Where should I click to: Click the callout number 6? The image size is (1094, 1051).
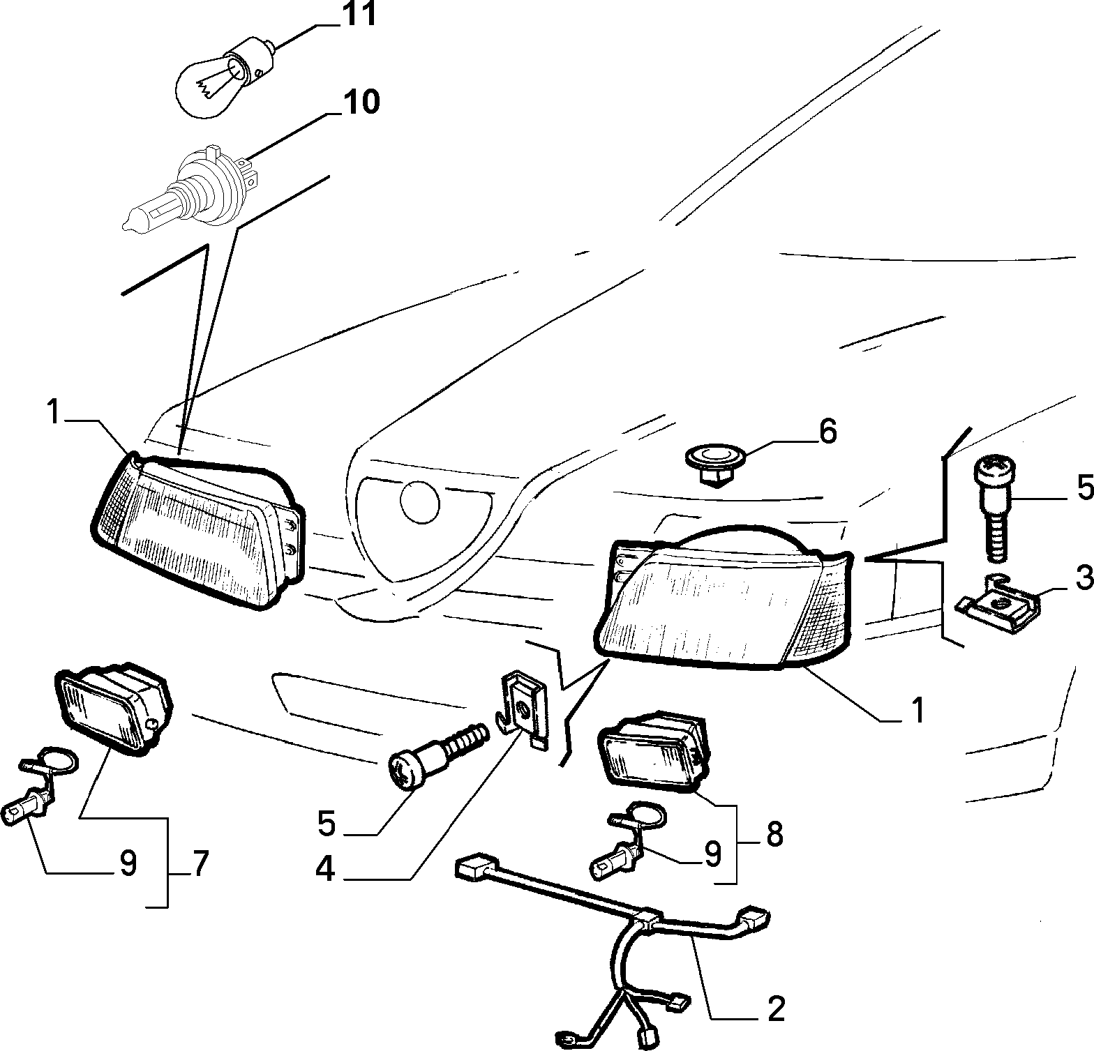[x=827, y=432]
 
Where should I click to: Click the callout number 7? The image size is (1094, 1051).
[x=200, y=864]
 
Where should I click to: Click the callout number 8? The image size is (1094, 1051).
[x=774, y=833]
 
